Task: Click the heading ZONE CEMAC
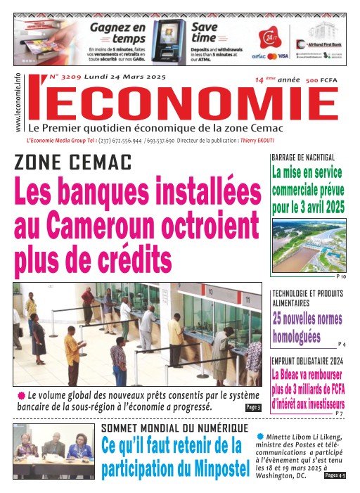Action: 73,163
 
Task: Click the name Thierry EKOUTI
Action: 239,141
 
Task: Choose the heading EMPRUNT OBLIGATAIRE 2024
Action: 308,360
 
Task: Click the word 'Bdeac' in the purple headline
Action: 295,374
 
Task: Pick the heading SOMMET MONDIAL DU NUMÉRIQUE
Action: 174,428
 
